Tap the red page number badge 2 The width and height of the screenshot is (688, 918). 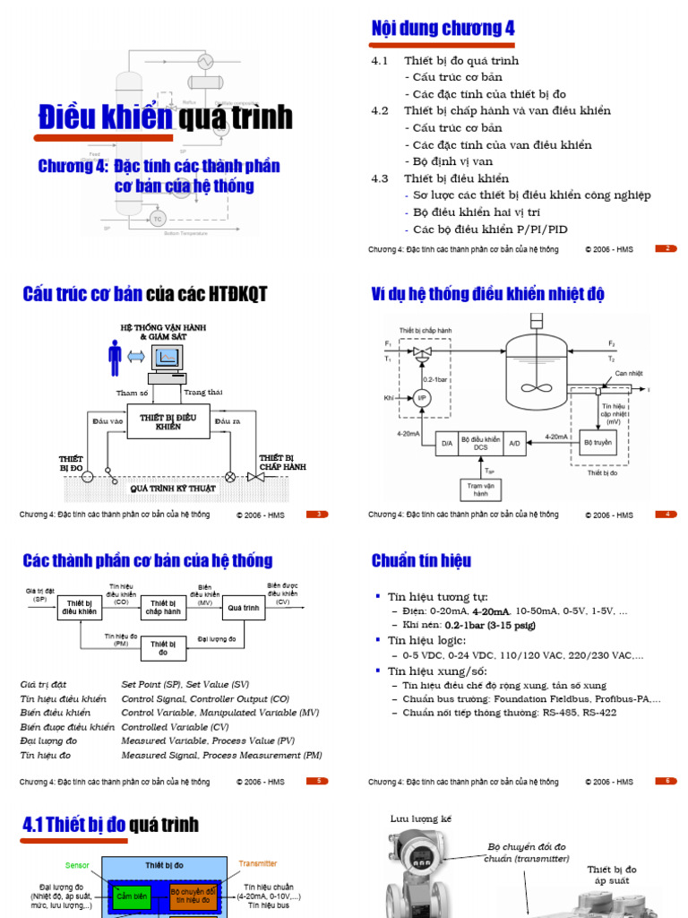666,248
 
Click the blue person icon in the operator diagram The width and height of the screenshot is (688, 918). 115,357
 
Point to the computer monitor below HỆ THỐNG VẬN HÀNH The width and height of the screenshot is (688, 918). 167,359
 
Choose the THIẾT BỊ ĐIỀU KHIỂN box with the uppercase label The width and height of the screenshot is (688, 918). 168,421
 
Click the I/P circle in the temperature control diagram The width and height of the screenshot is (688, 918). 422,396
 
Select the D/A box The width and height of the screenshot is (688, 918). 446,443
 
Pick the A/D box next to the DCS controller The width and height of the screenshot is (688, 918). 515,443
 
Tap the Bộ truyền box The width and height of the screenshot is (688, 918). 598,443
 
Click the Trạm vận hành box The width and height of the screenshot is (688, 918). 481,489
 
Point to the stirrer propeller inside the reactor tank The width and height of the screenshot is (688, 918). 536,388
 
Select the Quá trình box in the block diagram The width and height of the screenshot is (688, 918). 244,607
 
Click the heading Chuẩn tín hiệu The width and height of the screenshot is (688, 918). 421,561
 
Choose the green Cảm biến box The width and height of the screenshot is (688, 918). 132,896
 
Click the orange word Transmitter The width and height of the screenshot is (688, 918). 258,863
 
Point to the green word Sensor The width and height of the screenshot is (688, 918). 78,866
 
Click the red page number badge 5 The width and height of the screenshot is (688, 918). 318,781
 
